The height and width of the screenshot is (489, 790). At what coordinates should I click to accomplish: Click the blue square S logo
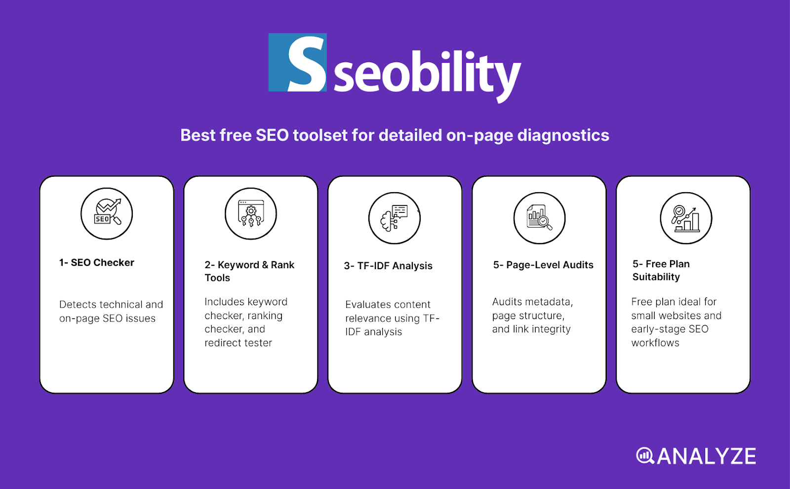coord(297,62)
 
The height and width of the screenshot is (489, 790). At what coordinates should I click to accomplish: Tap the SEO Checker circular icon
coord(107,213)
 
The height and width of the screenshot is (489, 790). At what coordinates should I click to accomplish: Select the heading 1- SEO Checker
coord(97,263)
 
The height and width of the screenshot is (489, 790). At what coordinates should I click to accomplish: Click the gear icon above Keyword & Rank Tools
coord(251,213)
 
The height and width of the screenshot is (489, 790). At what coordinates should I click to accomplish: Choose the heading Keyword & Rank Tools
coord(249,271)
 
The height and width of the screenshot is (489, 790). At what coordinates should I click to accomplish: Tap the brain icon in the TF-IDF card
coord(394,218)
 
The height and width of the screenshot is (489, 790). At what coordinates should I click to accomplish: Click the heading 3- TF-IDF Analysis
coord(388,266)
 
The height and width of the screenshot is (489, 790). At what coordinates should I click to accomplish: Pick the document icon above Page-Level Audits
coord(539,218)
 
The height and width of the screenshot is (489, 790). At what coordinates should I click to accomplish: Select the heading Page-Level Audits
coord(543,265)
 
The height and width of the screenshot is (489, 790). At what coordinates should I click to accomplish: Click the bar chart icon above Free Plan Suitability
coord(686,218)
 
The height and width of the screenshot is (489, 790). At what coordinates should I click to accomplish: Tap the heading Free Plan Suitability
coord(661,270)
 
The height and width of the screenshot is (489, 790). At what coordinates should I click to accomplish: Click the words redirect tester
coord(238,343)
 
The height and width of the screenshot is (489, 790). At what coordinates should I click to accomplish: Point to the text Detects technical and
coord(111,305)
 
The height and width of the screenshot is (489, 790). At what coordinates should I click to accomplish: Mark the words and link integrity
coord(531,329)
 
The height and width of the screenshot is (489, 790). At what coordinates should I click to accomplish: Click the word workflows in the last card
coord(655,343)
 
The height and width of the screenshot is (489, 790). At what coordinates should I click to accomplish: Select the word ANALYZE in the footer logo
coord(706,456)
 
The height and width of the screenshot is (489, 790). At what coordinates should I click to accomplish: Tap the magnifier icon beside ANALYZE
coord(645,455)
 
